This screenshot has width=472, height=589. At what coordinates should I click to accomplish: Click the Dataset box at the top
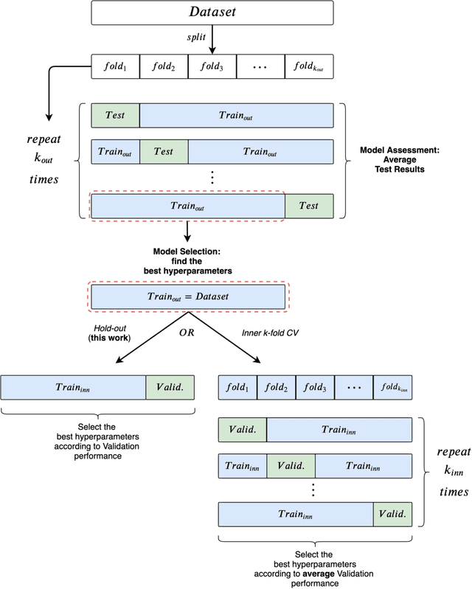pyautogui.click(x=212, y=13)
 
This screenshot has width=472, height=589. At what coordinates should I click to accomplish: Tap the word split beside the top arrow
pyautogui.click(x=195, y=36)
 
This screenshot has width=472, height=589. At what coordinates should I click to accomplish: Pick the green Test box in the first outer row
pyautogui.click(x=114, y=116)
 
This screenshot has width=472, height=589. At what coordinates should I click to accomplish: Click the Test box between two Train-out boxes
pyautogui.click(x=164, y=151)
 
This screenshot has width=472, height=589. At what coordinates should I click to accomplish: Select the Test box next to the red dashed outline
pyautogui.click(x=310, y=206)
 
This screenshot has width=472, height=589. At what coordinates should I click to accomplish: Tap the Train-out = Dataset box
pyautogui.click(x=187, y=296)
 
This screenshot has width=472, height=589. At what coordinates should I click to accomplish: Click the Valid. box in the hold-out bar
pyautogui.click(x=170, y=386)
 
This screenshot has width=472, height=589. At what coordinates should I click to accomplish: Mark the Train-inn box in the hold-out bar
pyautogui.click(x=73, y=386)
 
